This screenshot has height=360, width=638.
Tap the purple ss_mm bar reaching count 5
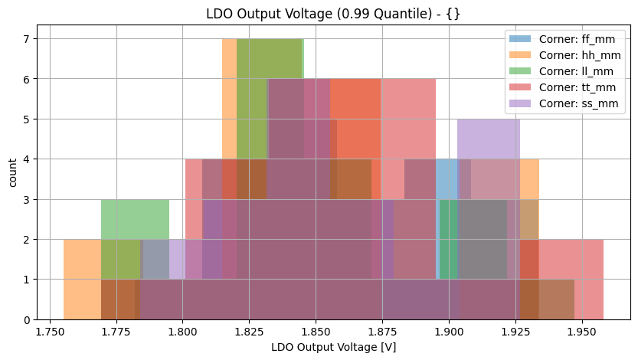489,138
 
